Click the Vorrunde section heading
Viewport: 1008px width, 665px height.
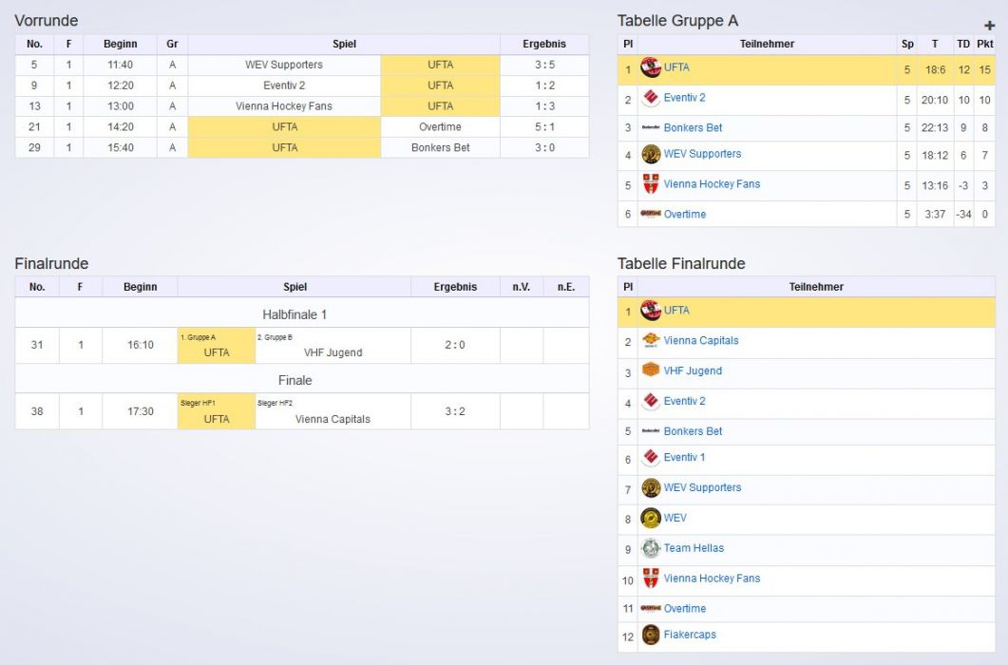47,21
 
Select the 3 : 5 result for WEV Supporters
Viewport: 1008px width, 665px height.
543,65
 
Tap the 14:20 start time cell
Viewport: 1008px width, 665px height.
120,126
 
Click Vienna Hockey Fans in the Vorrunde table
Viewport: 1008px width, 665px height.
284,106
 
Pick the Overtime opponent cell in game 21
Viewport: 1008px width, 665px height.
440,126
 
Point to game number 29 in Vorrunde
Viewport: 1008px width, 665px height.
34,147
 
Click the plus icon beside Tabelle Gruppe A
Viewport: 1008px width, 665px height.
989,26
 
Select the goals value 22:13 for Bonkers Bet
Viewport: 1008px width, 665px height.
934,127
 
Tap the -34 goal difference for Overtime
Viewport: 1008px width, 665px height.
963,214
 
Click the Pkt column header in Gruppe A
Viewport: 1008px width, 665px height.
984,44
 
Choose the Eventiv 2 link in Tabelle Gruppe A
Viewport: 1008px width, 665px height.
684,98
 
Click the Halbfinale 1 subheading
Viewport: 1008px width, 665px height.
295,313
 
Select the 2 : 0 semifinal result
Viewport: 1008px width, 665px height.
455,345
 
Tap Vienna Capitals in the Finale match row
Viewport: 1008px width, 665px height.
333,419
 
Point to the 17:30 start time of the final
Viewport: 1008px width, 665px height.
140,411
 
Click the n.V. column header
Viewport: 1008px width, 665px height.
521,286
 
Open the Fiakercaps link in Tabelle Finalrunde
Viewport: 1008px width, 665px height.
690,635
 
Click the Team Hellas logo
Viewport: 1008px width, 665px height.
651,548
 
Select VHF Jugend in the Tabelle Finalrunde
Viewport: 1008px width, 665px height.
693,370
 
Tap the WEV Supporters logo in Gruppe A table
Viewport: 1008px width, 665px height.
651,154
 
